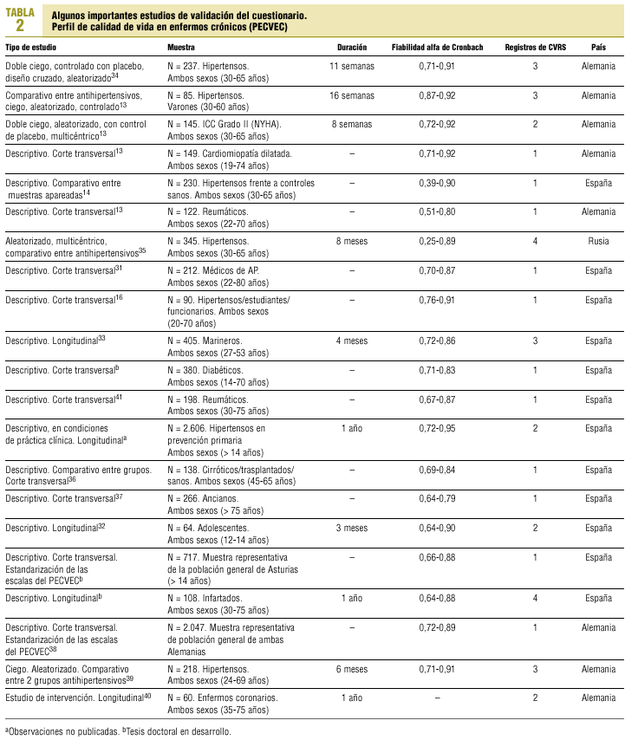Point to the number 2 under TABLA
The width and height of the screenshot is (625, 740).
click(20, 23)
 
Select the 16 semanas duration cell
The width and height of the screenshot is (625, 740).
click(351, 94)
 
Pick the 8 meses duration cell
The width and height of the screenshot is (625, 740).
click(351, 240)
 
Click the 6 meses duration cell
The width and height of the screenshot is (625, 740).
click(351, 669)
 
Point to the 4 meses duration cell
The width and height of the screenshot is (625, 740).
click(351, 341)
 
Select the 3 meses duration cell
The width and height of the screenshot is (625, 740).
click(351, 527)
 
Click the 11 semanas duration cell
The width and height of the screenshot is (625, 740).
click(351, 66)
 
